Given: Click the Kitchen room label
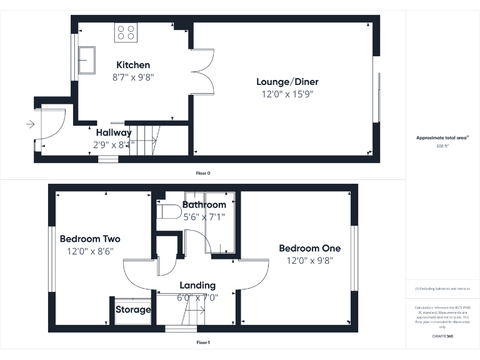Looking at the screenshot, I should [x=132, y=65].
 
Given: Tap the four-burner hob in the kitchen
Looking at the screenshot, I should [x=126, y=32].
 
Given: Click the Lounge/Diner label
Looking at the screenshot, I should [x=287, y=82].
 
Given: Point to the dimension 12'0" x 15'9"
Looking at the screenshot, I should [x=287, y=95].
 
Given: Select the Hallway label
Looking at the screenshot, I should [x=113, y=132].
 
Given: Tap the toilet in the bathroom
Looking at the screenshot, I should [x=167, y=212].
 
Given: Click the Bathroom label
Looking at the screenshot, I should [x=204, y=205].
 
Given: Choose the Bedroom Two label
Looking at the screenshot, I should [x=90, y=239].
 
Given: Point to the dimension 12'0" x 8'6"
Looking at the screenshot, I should [x=90, y=251].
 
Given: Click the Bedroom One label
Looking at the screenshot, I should [x=309, y=248].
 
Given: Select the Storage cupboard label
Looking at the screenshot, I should [x=133, y=309].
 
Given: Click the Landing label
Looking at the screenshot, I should [x=197, y=286].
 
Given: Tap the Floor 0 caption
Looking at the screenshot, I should [x=203, y=172].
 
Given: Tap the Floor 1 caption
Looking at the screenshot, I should [x=203, y=342].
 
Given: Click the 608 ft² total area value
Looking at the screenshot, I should [x=442, y=146].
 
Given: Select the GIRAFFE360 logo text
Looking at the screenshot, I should [x=442, y=337].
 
